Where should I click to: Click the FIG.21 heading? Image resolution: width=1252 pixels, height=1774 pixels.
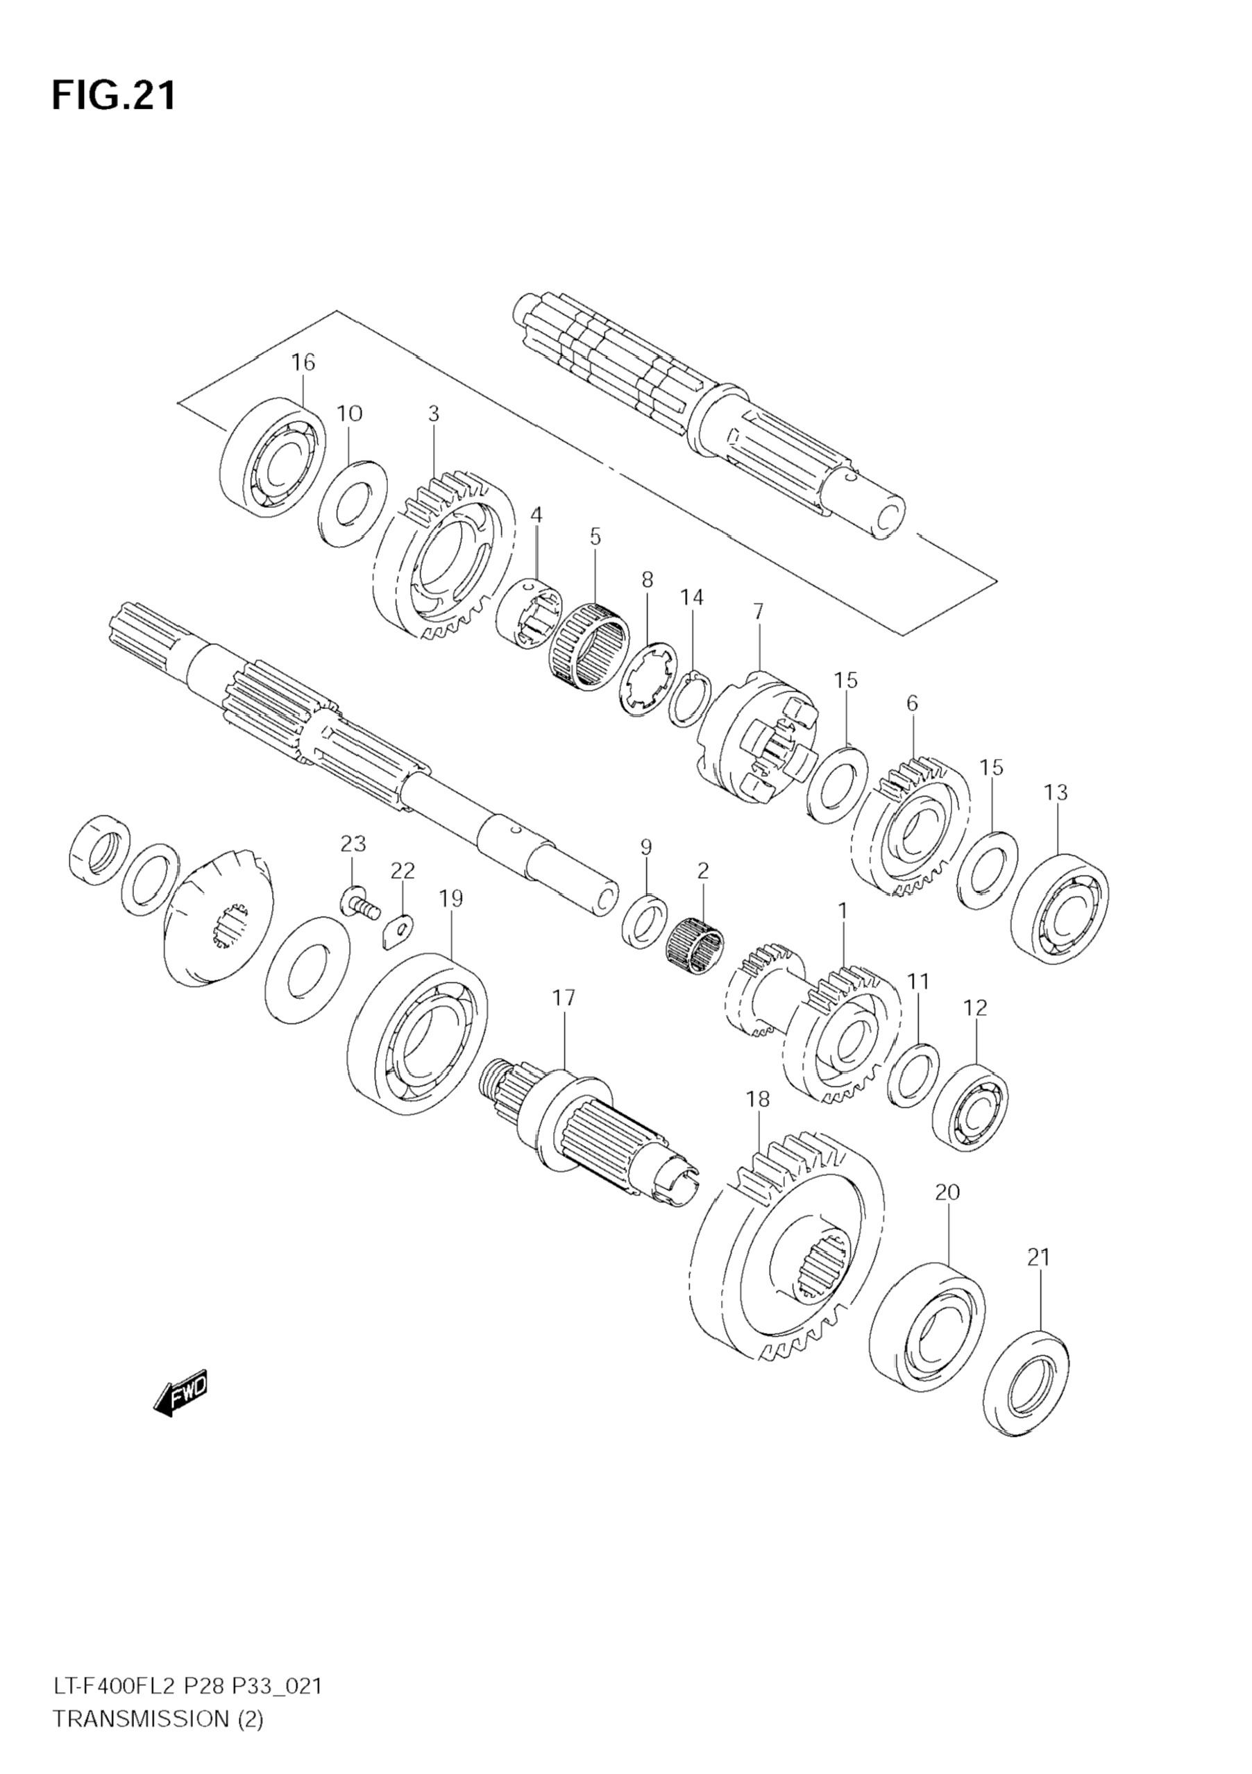(114, 96)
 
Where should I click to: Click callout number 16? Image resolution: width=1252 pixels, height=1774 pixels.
(303, 361)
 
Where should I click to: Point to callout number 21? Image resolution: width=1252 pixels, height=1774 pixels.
(1039, 1257)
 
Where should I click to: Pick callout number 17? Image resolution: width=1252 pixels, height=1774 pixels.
(564, 998)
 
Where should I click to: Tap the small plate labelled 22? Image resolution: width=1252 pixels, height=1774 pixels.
(398, 930)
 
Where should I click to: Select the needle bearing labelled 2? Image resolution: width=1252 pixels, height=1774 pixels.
(695, 947)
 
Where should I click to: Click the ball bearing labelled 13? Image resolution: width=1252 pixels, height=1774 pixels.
(1059, 908)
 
